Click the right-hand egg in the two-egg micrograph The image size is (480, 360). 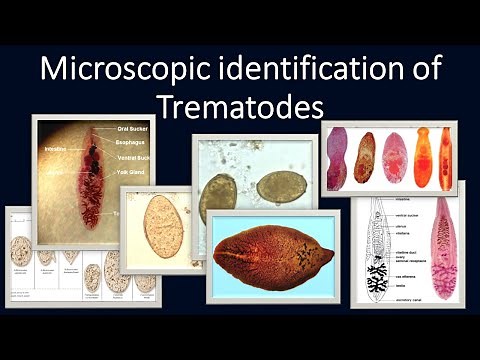(x=281, y=185)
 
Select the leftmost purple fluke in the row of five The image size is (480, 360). (x=336, y=159)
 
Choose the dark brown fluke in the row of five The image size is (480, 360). (x=365, y=157)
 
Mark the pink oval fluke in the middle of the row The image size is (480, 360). (x=394, y=158)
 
